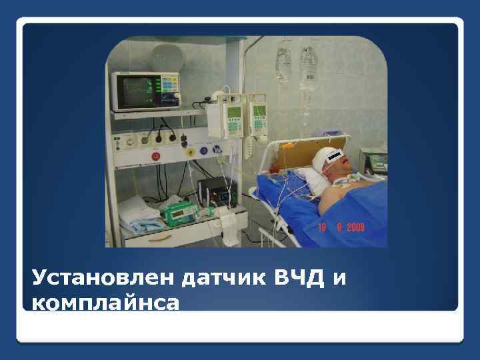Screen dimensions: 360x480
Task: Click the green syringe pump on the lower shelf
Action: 181,211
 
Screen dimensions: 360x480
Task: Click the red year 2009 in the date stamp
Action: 354,227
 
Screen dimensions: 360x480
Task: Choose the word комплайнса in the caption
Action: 105,303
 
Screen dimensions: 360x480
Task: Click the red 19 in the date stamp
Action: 323,227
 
